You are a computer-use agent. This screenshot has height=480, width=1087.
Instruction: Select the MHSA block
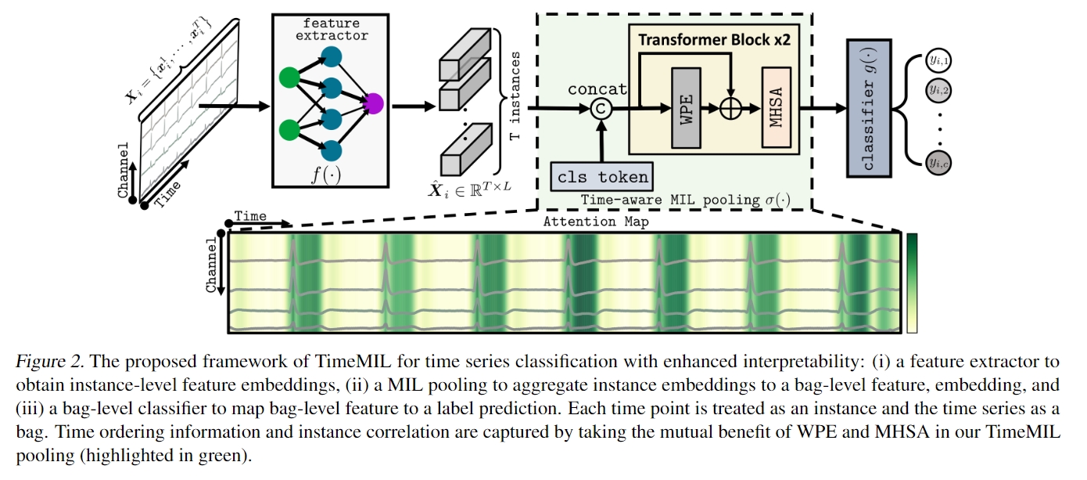tap(777, 107)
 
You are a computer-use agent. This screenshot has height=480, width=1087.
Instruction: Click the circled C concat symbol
tap(601, 109)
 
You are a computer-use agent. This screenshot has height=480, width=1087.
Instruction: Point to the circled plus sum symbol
tap(729, 109)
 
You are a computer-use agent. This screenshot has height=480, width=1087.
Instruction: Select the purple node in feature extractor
tap(373, 103)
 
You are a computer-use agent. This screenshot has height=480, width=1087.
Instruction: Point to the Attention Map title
tap(596, 222)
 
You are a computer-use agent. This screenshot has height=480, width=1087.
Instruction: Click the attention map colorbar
tap(911, 283)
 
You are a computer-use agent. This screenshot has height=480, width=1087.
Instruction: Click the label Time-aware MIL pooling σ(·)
tap(685, 200)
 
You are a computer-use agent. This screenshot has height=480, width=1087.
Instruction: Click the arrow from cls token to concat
tap(601, 141)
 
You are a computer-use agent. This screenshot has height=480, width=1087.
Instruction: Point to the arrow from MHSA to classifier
tap(821, 109)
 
